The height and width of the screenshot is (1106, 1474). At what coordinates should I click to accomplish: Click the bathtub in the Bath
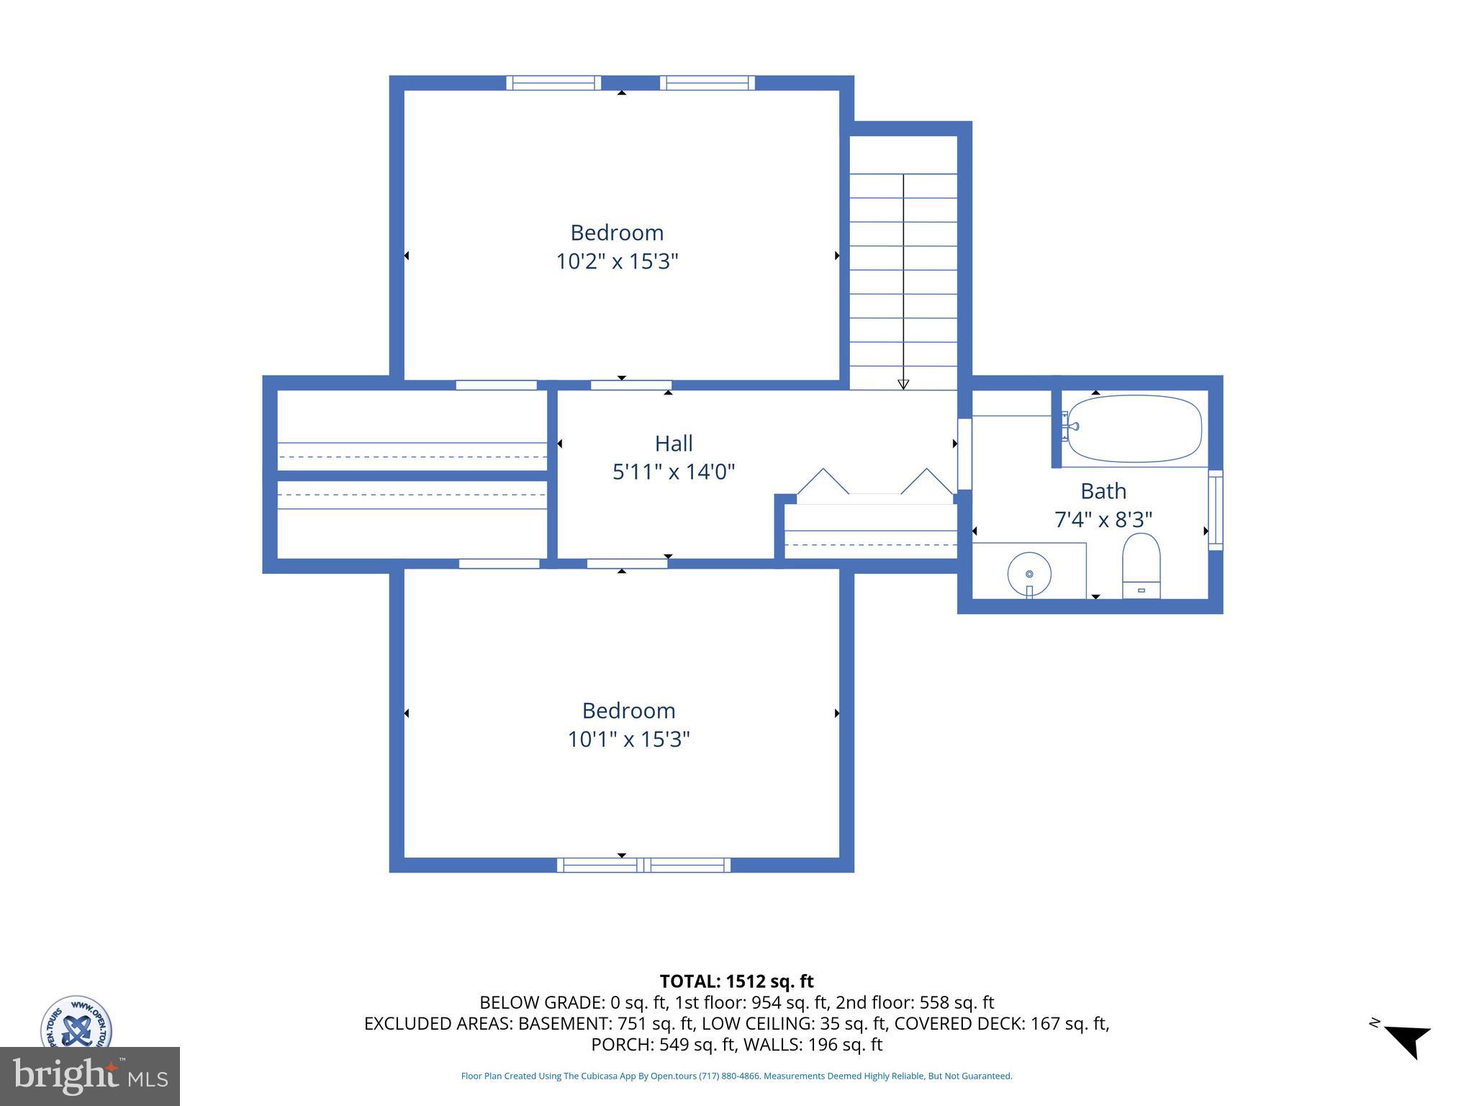pyautogui.click(x=1134, y=428)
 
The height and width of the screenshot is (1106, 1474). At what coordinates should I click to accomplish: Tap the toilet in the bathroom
pyautogui.click(x=1141, y=566)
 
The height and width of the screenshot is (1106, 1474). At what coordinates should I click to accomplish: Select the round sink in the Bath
pyautogui.click(x=1029, y=574)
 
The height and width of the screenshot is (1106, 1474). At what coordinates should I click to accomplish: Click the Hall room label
pyautogui.click(x=674, y=443)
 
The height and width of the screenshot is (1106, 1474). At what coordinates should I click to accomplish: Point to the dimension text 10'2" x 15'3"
pyautogui.click(x=617, y=261)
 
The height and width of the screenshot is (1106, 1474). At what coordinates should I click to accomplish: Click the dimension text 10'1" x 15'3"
pyautogui.click(x=628, y=739)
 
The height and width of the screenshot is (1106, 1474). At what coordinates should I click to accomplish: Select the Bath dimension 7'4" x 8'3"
pyautogui.click(x=1103, y=519)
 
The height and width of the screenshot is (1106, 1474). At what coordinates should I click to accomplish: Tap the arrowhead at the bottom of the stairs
pyautogui.click(x=903, y=385)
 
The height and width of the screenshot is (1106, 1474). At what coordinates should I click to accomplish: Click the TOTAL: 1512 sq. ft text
pyautogui.click(x=736, y=981)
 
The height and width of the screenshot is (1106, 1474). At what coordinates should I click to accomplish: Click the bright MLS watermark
pyautogui.click(x=89, y=1076)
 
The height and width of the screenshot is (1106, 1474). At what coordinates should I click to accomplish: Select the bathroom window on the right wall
pyautogui.click(x=1215, y=510)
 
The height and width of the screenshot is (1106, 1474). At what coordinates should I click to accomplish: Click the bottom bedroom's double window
pyautogui.click(x=643, y=865)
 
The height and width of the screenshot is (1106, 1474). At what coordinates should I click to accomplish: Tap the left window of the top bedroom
pyautogui.click(x=553, y=83)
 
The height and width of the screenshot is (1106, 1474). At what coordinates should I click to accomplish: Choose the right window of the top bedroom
pyautogui.click(x=707, y=83)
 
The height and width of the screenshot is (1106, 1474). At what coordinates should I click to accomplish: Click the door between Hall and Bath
pyautogui.click(x=964, y=454)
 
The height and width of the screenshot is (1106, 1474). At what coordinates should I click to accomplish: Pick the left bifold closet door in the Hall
pyautogui.click(x=823, y=482)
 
